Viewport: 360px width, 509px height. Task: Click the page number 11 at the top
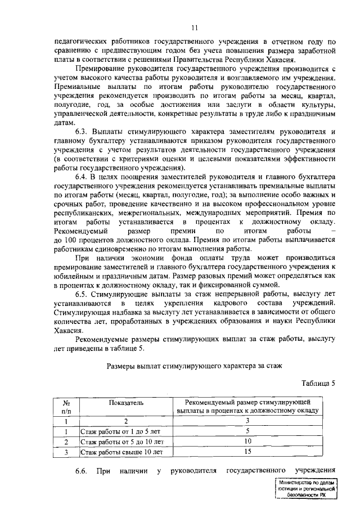click(194, 28)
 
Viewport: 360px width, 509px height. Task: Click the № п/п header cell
click(66, 407)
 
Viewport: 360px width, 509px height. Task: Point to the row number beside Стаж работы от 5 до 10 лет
click(66, 441)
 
